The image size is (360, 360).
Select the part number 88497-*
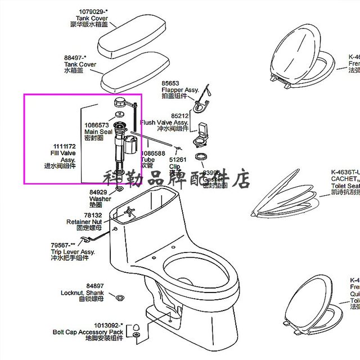click(76, 57)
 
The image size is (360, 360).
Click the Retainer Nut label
click(84, 222)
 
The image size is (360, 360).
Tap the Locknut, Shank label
click(83, 292)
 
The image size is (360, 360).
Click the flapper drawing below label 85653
click(201, 103)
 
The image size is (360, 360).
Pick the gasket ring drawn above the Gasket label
click(201, 157)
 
